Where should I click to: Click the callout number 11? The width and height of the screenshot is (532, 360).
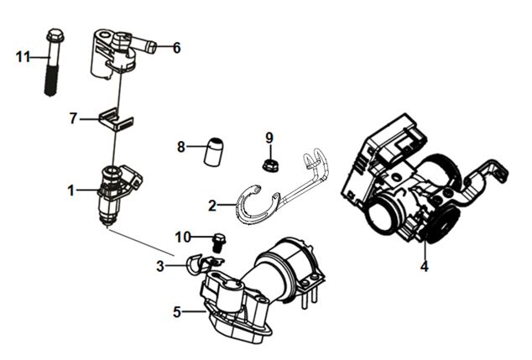[x=23, y=56]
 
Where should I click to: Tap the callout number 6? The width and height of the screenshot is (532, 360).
[x=176, y=48]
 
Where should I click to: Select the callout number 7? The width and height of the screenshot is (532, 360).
[x=73, y=119]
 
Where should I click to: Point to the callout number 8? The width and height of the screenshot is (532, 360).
[x=180, y=148]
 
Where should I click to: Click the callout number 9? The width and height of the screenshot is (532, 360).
[x=269, y=137]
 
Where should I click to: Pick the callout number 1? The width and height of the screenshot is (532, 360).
[x=71, y=191]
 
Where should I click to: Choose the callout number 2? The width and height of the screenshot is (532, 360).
[x=213, y=205]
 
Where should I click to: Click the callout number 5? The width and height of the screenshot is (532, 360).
[x=177, y=312]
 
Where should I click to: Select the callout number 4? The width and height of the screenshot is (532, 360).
[x=425, y=268]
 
